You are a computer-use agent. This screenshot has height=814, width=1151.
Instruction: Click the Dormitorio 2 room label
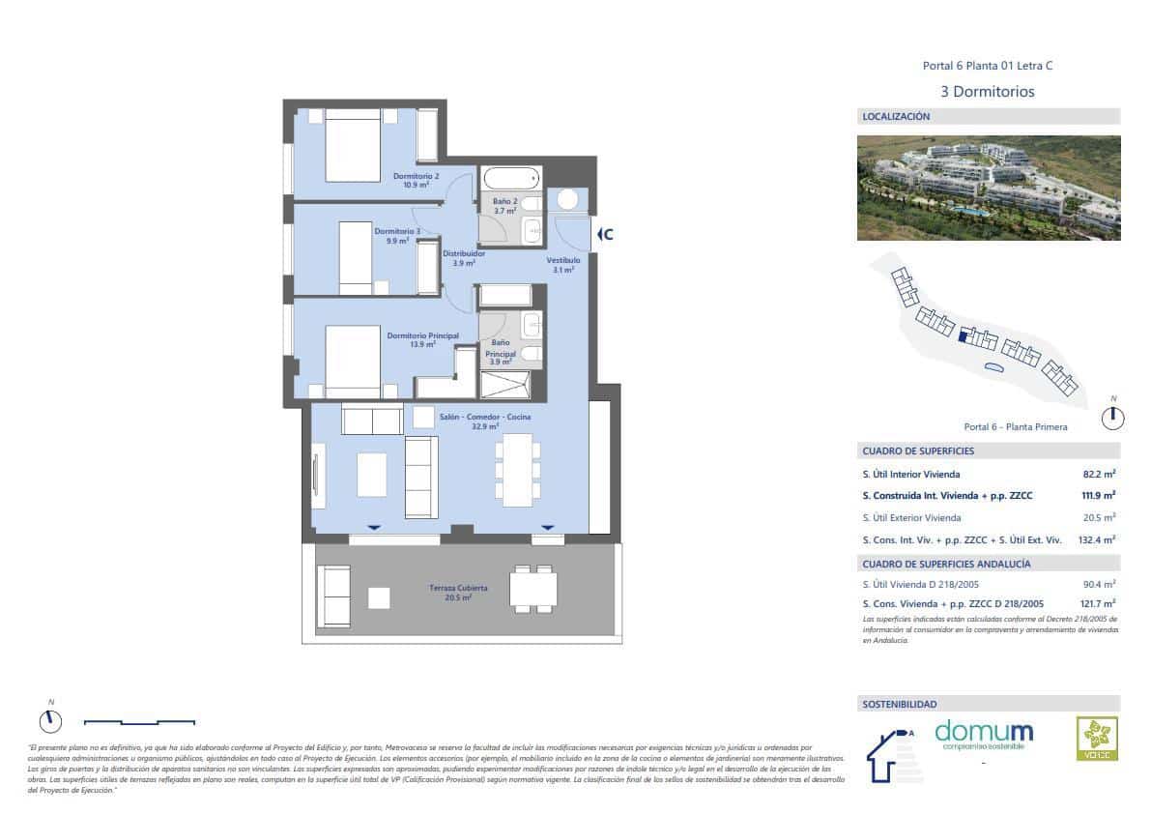coord(417,180)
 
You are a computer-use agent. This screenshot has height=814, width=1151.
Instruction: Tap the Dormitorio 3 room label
coord(397,236)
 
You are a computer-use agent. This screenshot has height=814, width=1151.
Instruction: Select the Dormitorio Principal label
coord(422,339)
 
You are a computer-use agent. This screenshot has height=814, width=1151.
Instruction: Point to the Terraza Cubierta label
coord(458,593)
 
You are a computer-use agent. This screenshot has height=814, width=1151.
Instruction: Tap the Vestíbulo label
coord(563,265)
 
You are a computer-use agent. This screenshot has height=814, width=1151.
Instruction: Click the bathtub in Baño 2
coord(510,179)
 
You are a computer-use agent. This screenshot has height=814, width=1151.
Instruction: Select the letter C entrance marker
coord(606,234)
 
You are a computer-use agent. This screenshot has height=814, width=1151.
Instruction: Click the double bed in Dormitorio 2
coord(353,145)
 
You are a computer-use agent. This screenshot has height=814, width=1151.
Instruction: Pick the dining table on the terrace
coord(533,589)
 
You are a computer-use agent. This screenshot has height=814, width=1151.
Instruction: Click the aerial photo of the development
coord(988,188)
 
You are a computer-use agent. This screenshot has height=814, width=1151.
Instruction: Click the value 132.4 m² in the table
coord(1096,539)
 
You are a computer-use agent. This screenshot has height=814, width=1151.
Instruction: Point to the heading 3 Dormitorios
coord(987,92)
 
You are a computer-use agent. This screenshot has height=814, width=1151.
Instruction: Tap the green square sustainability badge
coord(1097,739)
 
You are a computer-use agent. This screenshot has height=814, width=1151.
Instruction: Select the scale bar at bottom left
coord(139,721)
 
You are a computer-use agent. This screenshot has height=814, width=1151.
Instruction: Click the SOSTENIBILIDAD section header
coord(899,704)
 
